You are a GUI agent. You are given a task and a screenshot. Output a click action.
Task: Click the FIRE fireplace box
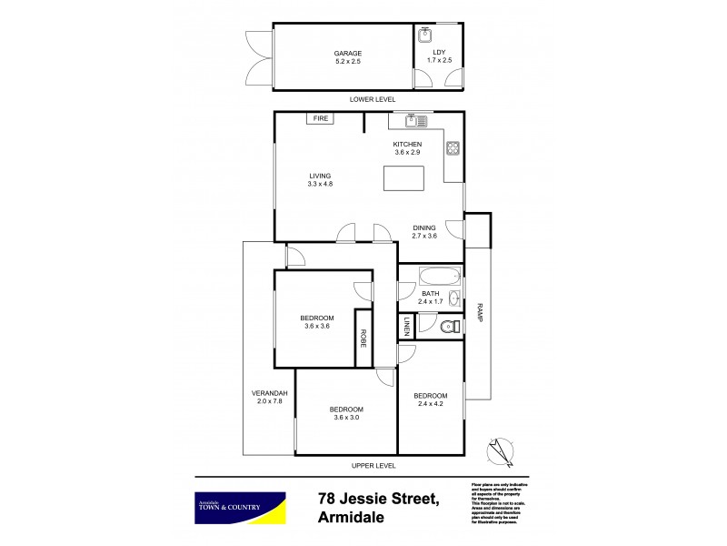[x=320, y=118]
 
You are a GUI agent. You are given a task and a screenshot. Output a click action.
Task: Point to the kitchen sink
[x=415, y=119]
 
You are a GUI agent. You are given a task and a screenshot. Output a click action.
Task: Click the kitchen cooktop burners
[x=452, y=148]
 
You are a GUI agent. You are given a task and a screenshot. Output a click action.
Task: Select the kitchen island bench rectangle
[x=403, y=179]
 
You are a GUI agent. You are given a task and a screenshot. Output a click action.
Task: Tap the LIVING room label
[x=320, y=176]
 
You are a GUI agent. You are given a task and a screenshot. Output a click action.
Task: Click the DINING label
[x=424, y=227]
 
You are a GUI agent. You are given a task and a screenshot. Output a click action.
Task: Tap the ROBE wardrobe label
[x=363, y=339]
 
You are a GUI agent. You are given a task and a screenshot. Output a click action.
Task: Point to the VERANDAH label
[x=268, y=393]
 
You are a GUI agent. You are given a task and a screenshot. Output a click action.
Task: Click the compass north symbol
[x=499, y=450]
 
